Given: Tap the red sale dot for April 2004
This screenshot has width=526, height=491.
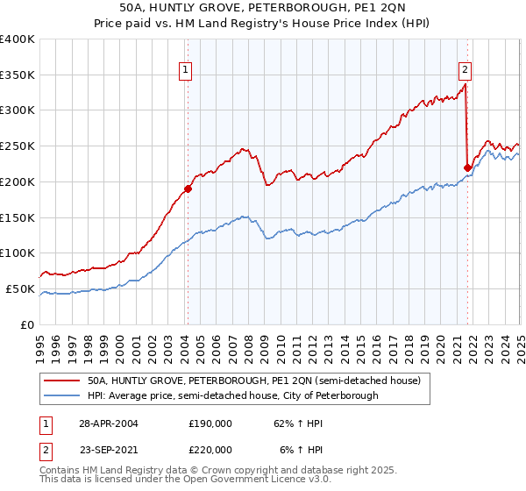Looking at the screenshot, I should click(188, 189).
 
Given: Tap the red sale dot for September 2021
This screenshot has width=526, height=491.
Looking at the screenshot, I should click(467, 167).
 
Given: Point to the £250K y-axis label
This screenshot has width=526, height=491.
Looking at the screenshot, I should click(18, 146).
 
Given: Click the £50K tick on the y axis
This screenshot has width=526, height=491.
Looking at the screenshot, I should click(21, 288).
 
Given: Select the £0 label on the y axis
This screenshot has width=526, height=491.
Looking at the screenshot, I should click(28, 324).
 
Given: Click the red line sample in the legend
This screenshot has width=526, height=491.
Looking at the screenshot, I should click(61, 381).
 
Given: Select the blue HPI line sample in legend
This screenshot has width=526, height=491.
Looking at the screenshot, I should click(61, 395).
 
